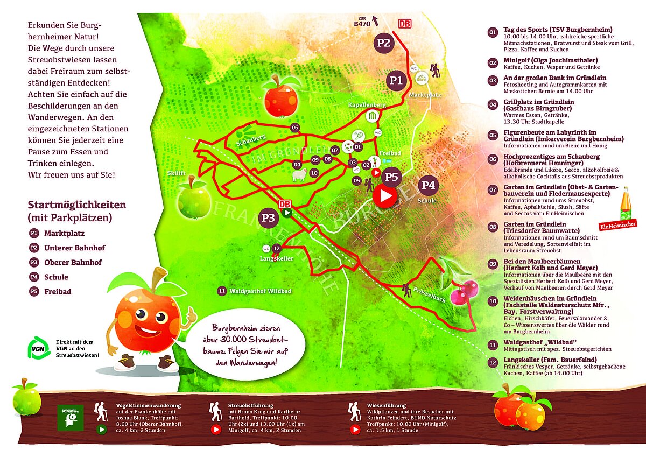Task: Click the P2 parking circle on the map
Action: click(x=383, y=43)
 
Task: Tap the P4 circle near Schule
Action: click(x=429, y=185)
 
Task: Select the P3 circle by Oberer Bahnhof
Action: click(x=269, y=217)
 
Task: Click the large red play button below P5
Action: click(x=385, y=196)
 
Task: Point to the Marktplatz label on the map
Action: click(x=425, y=95)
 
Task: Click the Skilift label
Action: click(x=175, y=173)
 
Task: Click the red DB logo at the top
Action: click(x=404, y=24)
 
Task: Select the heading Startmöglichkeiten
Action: click(x=76, y=205)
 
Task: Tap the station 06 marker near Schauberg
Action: click(x=294, y=128)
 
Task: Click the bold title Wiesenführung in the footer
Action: click(x=387, y=405)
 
